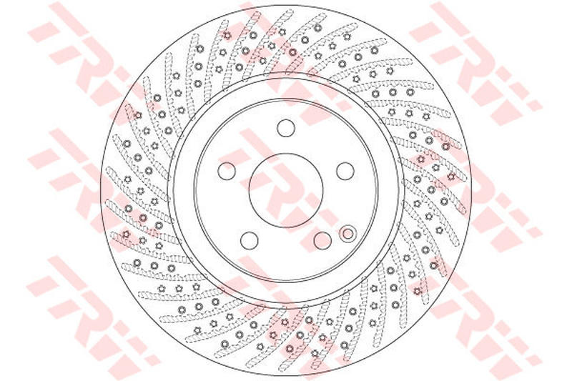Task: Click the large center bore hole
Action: point(286,190)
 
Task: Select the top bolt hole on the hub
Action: point(285,128)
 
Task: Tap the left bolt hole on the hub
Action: point(227,171)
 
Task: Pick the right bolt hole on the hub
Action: point(345,171)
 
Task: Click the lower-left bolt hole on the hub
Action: point(250,240)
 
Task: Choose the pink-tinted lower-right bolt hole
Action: point(322,240)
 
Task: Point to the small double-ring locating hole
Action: point(348,233)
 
